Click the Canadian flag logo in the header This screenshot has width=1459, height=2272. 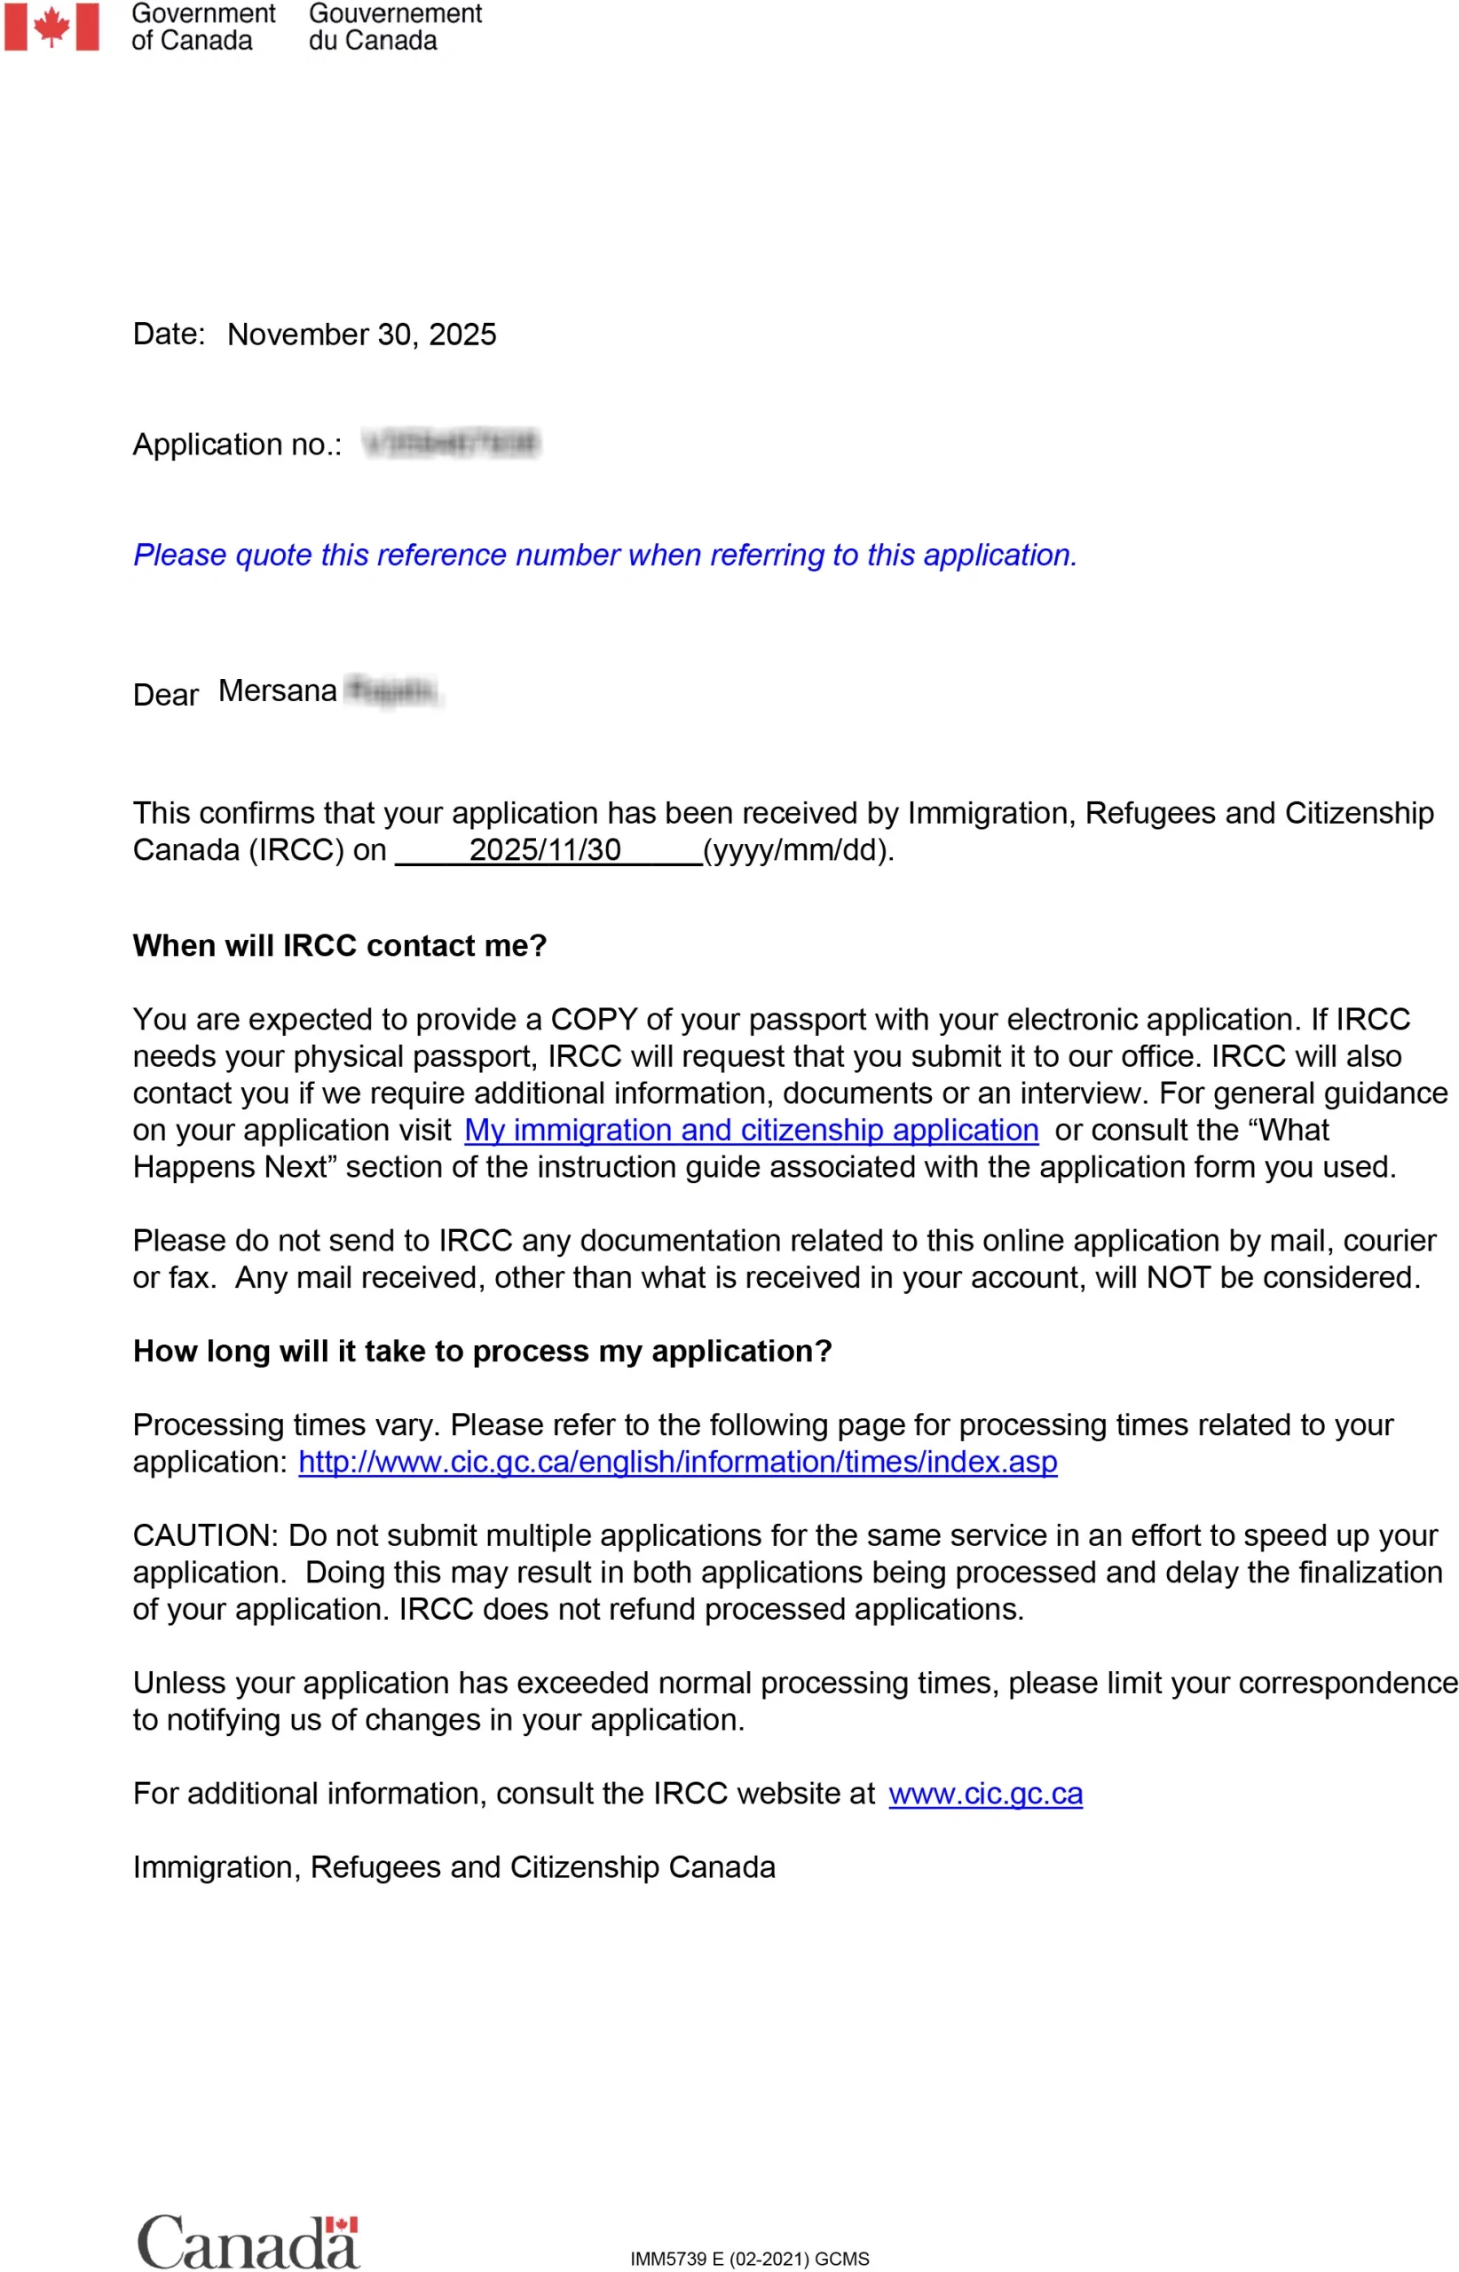coord(51,27)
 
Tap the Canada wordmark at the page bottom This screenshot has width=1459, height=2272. coord(248,2242)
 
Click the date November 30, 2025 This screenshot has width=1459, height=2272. coord(361,335)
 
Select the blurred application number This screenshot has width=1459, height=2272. coord(451,444)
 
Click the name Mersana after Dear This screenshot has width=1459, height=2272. coord(278,690)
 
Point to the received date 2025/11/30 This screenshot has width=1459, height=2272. coord(545,849)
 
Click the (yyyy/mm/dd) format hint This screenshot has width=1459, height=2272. coord(798,850)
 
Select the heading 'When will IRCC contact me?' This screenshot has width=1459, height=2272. coord(339,944)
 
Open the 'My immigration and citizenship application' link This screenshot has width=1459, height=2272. coord(752,1130)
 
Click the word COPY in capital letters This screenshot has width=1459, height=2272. coord(594,1019)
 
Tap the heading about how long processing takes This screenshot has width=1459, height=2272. coord(482,1350)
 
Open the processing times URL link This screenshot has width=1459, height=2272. coord(677,1461)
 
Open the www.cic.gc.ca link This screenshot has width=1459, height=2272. coord(985,1794)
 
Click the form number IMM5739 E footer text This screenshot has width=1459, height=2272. coord(749,2258)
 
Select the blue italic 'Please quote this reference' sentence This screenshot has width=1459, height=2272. coord(604,555)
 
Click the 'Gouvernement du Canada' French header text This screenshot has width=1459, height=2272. coord(395,27)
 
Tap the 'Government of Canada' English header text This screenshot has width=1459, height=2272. coord(202,27)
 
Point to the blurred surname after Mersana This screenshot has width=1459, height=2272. coord(392,691)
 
